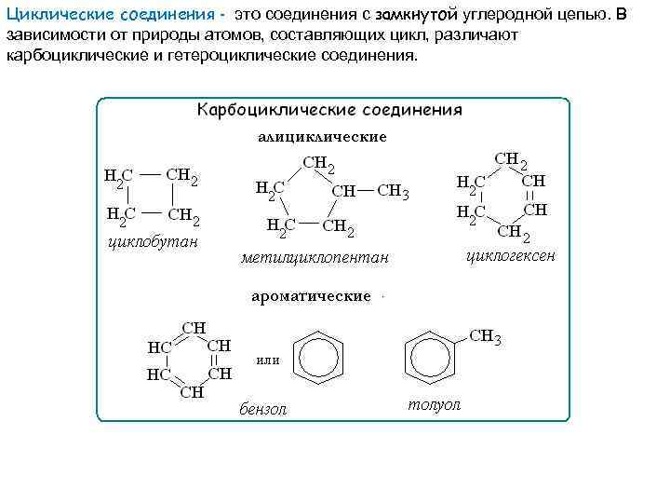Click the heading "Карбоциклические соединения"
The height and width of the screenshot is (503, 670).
point(329,110)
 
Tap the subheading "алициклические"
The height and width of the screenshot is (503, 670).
point(322,137)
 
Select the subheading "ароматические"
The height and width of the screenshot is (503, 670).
point(312,296)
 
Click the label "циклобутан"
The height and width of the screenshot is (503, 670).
point(153,243)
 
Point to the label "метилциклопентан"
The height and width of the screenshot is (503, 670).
point(315,256)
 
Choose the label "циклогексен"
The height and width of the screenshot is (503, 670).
point(510,253)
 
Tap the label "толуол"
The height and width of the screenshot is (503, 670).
point(434,405)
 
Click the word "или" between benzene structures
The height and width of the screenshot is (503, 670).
point(267,360)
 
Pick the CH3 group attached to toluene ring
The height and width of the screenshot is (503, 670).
point(485,337)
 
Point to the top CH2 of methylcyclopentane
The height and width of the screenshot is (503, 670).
point(319,165)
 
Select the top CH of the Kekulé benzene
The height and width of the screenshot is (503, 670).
point(193,328)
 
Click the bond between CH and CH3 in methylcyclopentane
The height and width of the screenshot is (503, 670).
point(367,191)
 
